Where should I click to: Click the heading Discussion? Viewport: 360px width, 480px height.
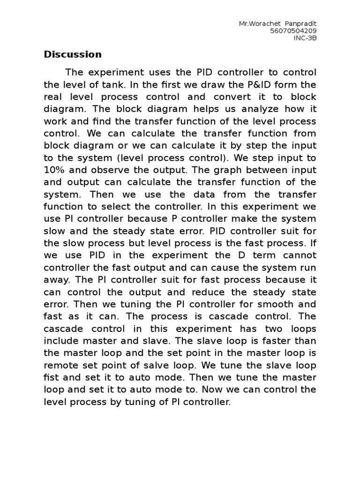pos(73,54)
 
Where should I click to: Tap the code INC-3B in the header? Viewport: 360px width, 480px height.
pos(305,38)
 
